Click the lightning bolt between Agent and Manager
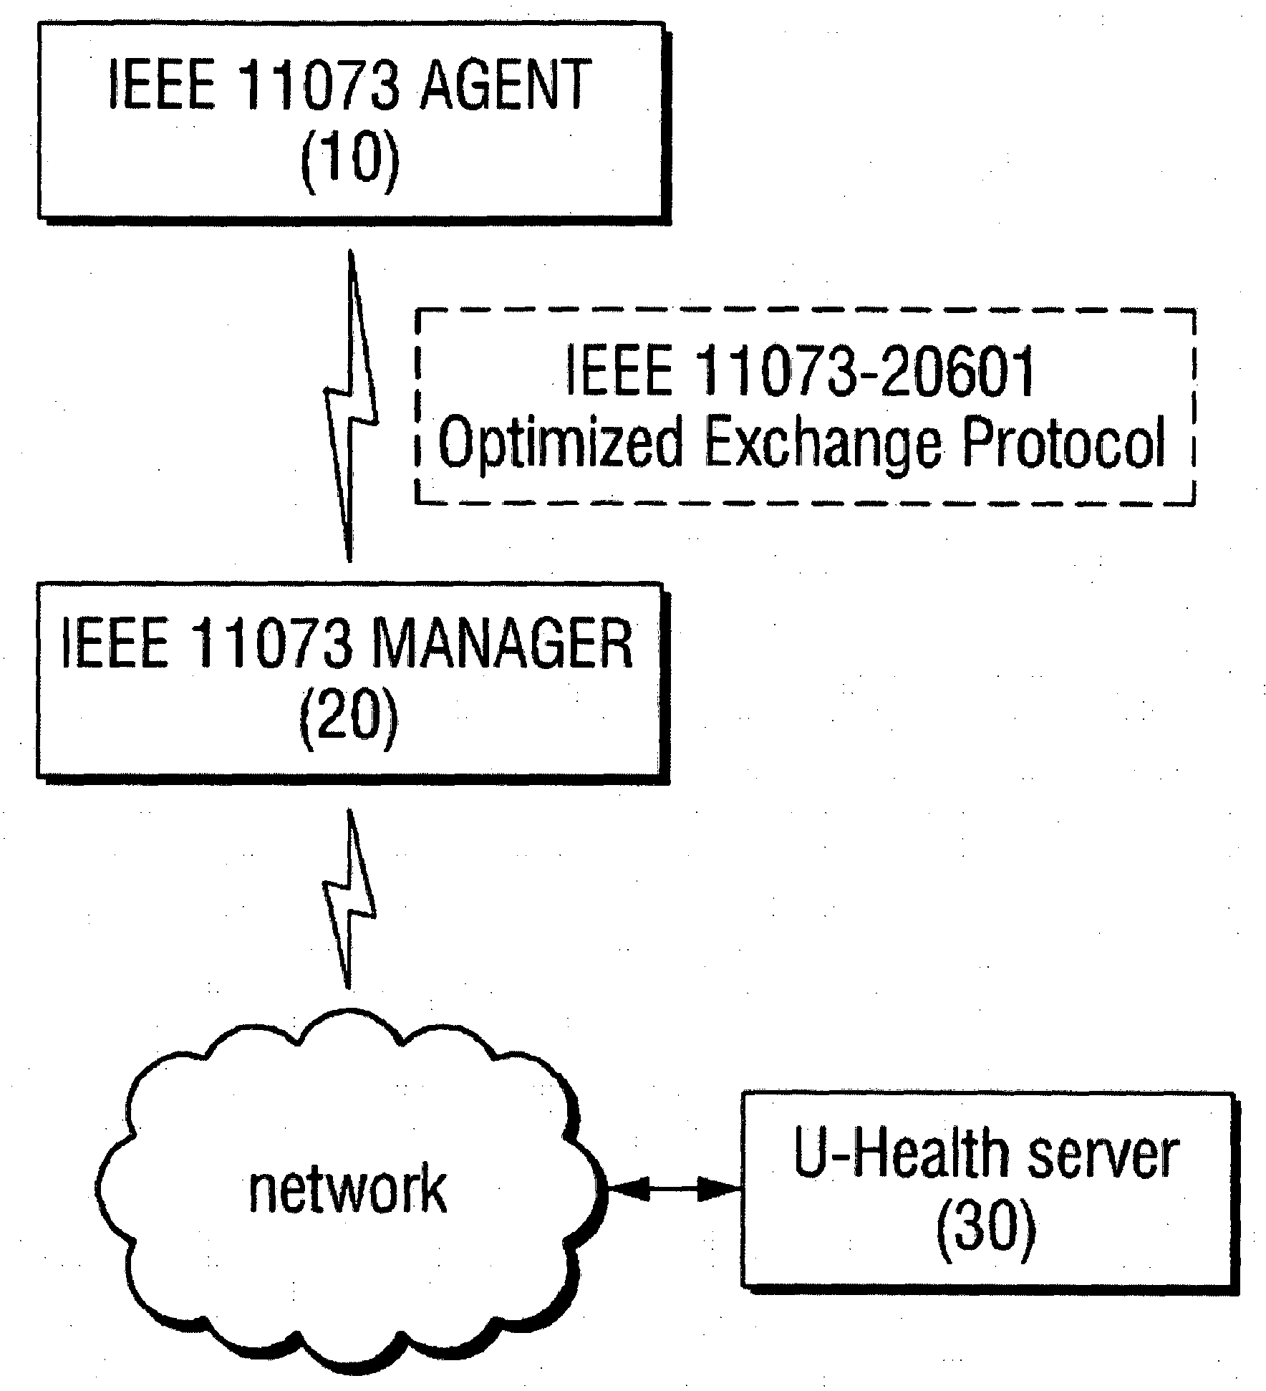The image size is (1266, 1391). [x=350, y=405]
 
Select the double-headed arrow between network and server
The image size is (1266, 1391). [x=673, y=1190]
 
